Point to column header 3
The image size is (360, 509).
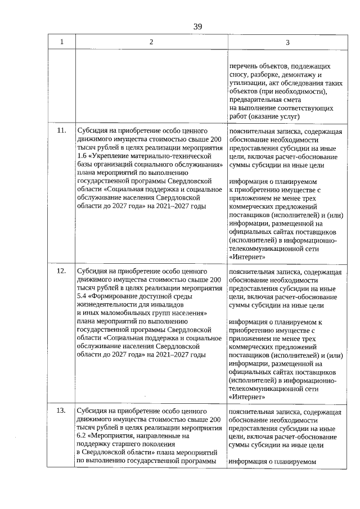pyautogui.click(x=287, y=42)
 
